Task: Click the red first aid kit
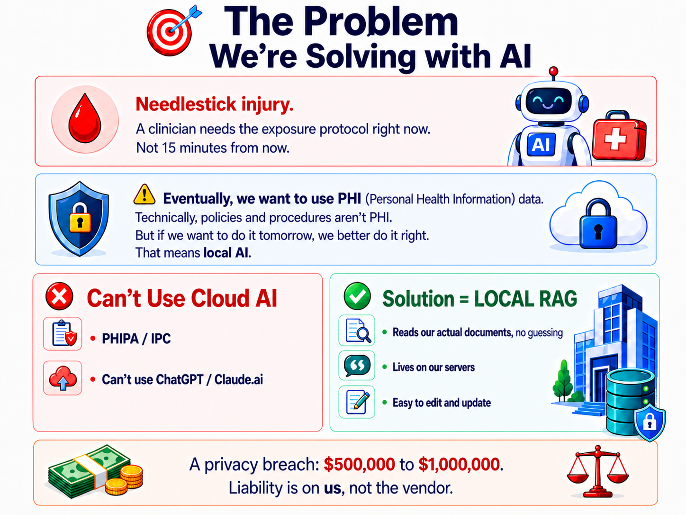click(619, 136)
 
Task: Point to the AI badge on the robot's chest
click(541, 145)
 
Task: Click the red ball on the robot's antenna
click(553, 71)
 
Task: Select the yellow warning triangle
click(144, 194)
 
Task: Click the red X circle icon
click(59, 296)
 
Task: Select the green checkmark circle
click(357, 296)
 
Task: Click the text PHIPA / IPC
click(136, 339)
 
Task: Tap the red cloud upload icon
click(63, 378)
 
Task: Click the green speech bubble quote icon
click(357, 366)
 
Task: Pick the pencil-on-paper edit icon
click(357, 402)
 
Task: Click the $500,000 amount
click(360, 464)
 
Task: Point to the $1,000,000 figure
click(459, 464)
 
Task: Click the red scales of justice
click(597, 471)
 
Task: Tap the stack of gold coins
click(125, 480)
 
